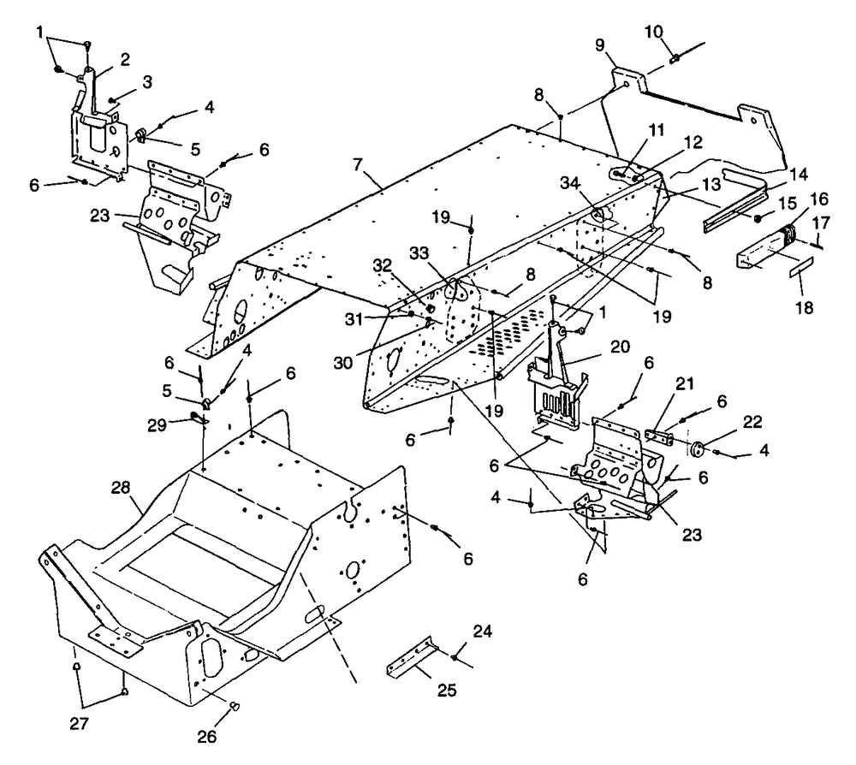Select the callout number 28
[121, 487]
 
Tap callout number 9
[600, 44]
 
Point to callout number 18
[804, 307]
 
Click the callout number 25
[447, 690]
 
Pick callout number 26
[207, 737]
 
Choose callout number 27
[79, 724]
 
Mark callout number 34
[570, 183]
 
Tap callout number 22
[752, 421]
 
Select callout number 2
[125, 60]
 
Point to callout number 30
[343, 362]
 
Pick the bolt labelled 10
[675, 57]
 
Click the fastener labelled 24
[455, 658]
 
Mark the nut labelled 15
[758, 219]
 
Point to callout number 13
[711, 185]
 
